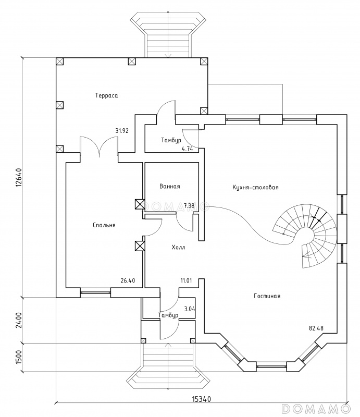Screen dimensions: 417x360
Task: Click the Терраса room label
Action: [106, 95]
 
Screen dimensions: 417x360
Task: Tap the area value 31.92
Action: [122, 131]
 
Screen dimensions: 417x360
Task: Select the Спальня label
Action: [104, 225]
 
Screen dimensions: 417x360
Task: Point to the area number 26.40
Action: [128, 281]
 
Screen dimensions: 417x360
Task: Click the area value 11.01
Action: [187, 281]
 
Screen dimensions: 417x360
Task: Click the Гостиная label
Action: [267, 296]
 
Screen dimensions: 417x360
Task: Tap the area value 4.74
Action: [187, 149]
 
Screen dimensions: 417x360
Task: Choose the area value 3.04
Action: [190, 309]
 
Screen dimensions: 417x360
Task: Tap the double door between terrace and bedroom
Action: [99, 147]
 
